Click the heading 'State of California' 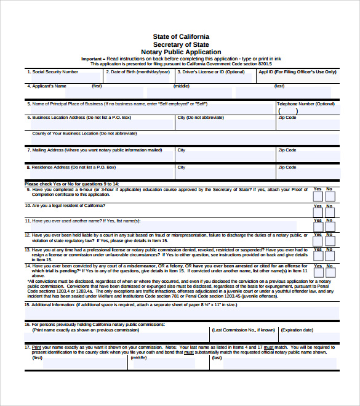(180, 37)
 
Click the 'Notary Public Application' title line (180, 52)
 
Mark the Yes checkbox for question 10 (318, 213)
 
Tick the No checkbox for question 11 (330, 226)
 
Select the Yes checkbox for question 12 (318, 242)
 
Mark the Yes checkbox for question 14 (318, 272)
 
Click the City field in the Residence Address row (224, 174)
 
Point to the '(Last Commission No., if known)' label (244, 330)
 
